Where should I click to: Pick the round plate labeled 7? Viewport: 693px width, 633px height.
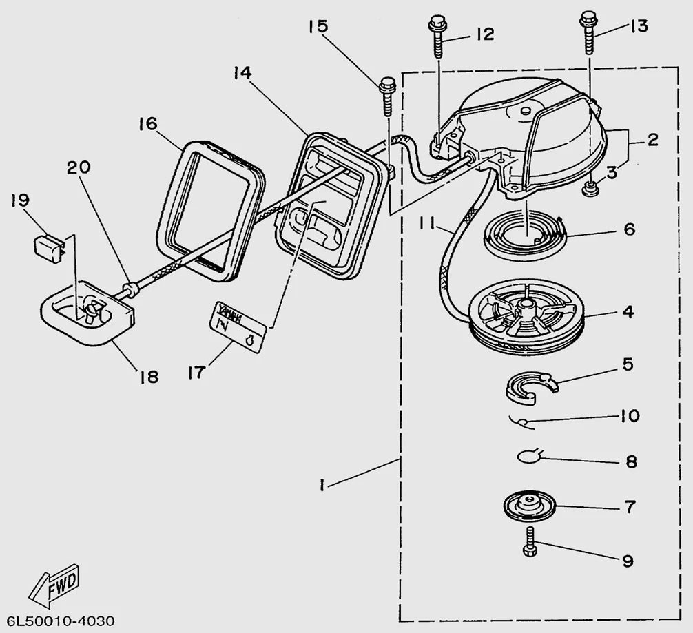tap(528, 507)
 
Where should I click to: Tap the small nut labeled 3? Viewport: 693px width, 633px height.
tap(589, 188)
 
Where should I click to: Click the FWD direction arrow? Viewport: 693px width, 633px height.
tap(54, 583)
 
